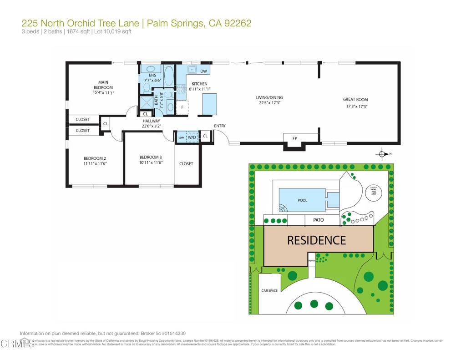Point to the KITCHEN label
(199, 84)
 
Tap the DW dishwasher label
(203, 71)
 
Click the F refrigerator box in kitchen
(182, 107)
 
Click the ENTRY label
(220, 126)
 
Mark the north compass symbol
(382, 154)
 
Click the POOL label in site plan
(302, 200)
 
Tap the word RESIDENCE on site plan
(316, 240)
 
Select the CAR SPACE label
(269, 290)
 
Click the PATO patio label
(318, 220)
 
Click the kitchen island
(209, 104)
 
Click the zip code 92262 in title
(237, 23)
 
